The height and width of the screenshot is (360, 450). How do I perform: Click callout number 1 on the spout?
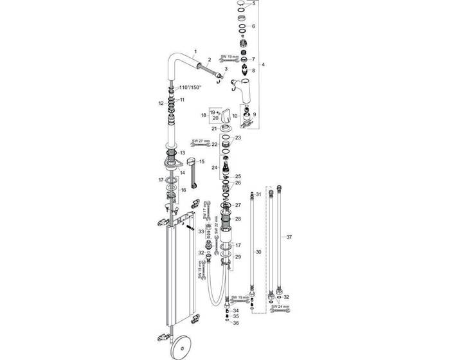(x=195, y=51)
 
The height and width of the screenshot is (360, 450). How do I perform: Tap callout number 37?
(x=289, y=237)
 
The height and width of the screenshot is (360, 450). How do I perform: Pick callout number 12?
(x=161, y=103)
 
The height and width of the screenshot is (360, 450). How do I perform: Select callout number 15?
(x=201, y=161)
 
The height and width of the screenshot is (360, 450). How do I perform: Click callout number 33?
(x=201, y=231)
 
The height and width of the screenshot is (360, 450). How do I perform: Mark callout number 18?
(x=204, y=116)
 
